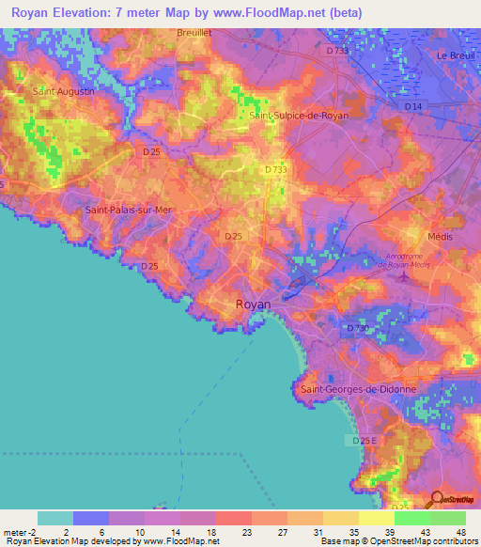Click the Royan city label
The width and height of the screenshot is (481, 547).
[x=252, y=305]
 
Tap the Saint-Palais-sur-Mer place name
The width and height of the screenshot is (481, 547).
[x=129, y=211]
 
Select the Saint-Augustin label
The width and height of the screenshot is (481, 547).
[x=58, y=92]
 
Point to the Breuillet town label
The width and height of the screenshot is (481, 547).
[x=196, y=32]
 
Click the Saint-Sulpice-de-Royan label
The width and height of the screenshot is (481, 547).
[x=299, y=115]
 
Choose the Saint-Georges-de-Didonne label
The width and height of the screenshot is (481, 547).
[x=357, y=388]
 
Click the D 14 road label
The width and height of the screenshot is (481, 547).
[x=412, y=107]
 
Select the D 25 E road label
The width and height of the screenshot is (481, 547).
[x=363, y=440]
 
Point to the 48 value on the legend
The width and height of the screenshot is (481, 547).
[x=461, y=532]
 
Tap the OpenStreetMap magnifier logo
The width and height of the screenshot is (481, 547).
[x=438, y=499]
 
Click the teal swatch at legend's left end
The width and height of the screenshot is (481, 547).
[x=54, y=518]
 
